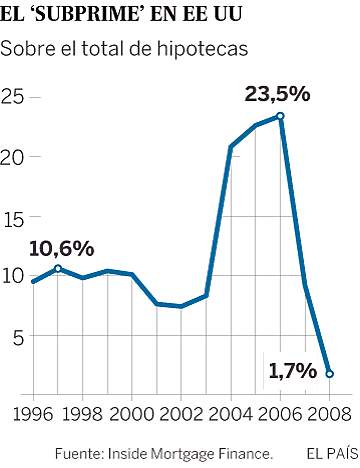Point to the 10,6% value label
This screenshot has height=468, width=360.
click(x=61, y=248)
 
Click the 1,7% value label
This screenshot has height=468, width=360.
click(x=293, y=371)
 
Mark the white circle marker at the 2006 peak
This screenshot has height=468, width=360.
click(x=280, y=116)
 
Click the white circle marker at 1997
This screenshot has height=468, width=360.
click(x=58, y=268)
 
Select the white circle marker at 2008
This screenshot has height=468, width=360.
click(x=330, y=374)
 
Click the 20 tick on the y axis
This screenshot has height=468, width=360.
click(x=15, y=157)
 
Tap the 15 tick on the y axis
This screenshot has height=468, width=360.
click(x=15, y=217)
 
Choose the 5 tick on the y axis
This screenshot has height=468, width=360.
click(x=18, y=337)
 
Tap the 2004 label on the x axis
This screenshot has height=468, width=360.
click(x=231, y=413)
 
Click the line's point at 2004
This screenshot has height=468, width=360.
click(x=231, y=147)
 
